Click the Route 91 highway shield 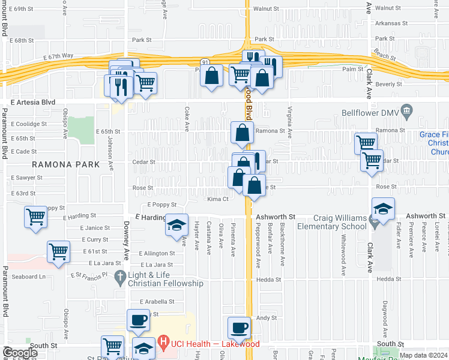(204, 62)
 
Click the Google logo (20, 353)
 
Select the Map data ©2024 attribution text (423, 355)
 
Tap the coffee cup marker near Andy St (240, 328)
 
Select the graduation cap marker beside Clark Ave (383, 209)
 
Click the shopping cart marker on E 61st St (58, 253)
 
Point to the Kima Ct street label (218, 199)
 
